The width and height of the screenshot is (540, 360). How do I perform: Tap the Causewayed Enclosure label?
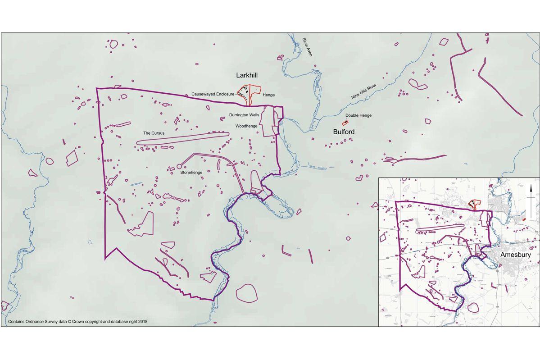coord(213,94)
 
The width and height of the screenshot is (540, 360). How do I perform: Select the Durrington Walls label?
coord(244,115)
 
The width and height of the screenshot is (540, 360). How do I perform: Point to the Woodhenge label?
coord(246,126)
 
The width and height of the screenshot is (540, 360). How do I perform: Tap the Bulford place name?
coord(344,132)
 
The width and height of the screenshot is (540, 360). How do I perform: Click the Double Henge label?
coord(358,115)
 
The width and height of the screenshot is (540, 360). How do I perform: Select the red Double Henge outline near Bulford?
coord(345,123)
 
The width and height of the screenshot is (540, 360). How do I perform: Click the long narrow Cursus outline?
coord(182,138)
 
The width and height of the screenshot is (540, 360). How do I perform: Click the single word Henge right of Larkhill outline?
coord(269,95)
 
